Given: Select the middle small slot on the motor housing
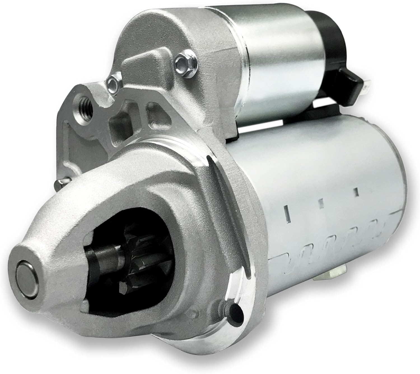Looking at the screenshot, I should tap(321, 203).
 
